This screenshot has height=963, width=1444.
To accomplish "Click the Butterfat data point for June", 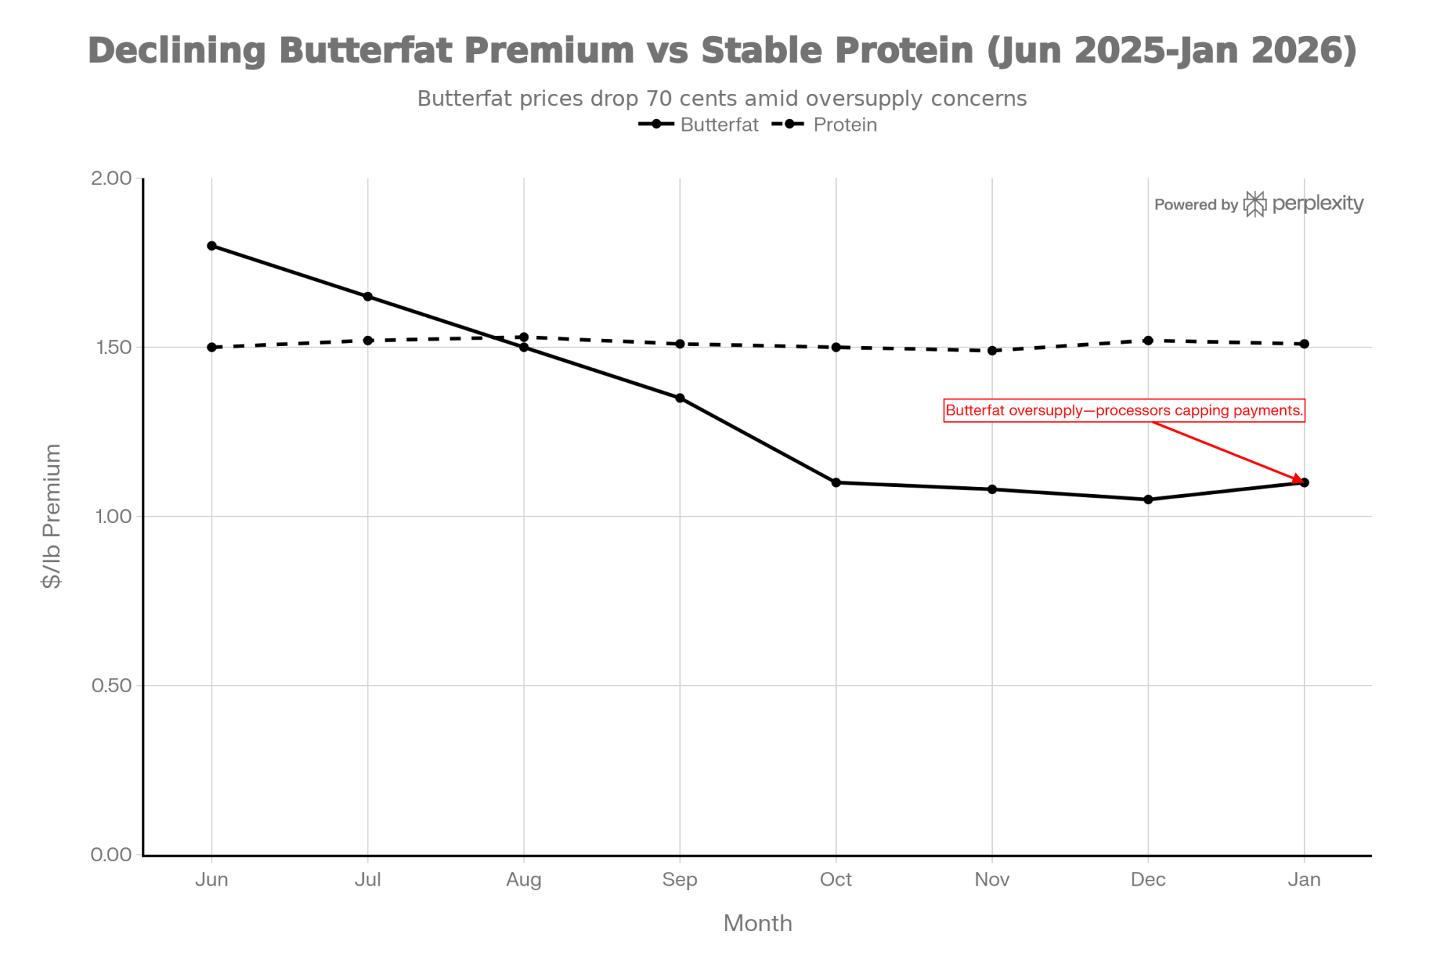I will [212, 246].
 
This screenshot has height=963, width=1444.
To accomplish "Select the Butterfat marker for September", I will [679, 398].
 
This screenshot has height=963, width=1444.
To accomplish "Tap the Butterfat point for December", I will [1148, 499].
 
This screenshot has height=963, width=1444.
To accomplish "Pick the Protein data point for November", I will [992, 350].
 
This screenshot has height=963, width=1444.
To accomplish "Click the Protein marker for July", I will [367, 340].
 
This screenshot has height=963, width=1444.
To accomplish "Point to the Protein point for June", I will [212, 347].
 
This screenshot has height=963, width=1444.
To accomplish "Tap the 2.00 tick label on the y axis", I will [111, 178].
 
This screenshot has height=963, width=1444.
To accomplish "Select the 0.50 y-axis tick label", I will [111, 686].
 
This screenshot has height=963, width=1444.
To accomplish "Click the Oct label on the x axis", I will [835, 880].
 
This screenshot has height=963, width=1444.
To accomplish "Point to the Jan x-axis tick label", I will [1304, 880].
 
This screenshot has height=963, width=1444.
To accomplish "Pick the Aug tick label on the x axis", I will [523, 880].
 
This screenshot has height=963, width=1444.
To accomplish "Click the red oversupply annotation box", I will [1124, 410].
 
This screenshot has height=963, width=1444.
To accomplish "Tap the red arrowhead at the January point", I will [1297, 480].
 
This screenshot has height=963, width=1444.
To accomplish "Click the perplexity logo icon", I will [1255, 204].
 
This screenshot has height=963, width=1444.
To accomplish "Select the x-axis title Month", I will [757, 923].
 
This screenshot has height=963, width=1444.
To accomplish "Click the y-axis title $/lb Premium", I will [52, 516].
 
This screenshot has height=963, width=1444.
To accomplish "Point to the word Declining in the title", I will [177, 51].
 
